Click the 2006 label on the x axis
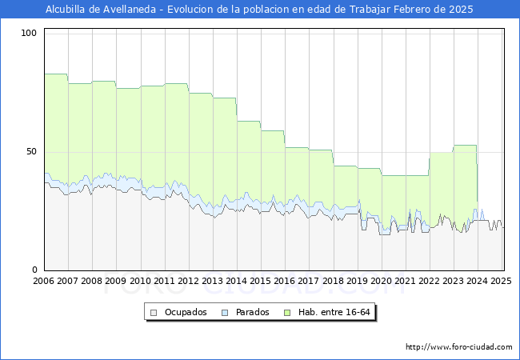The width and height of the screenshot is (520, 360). pos(43,281)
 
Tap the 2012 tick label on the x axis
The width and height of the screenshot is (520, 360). pos(188,281)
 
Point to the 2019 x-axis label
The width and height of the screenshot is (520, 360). pos(357,281)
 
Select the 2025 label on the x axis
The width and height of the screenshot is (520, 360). pos(501,281)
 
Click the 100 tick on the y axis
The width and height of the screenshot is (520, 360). pos(30,33)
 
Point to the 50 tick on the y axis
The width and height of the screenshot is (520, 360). pos(32,151)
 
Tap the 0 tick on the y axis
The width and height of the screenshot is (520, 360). pos(34,270)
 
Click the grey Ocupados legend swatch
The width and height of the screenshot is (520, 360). pos(153,312)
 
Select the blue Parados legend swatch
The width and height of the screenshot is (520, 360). pos(226,312)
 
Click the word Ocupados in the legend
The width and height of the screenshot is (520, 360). pos(186,312)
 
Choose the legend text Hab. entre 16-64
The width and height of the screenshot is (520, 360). pos(338,312)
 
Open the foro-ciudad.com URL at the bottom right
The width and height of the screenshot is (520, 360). pos(459,347)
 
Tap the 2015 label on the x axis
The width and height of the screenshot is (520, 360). pos(260,281)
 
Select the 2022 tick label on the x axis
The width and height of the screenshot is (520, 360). pos(429,281)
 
